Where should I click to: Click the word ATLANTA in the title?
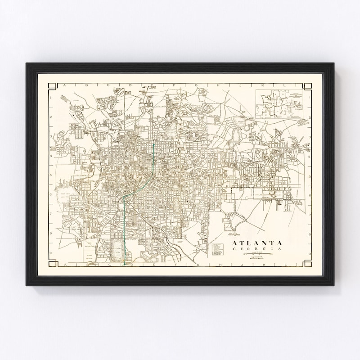(x=257, y=243)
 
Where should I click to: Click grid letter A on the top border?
(x=64, y=85)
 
